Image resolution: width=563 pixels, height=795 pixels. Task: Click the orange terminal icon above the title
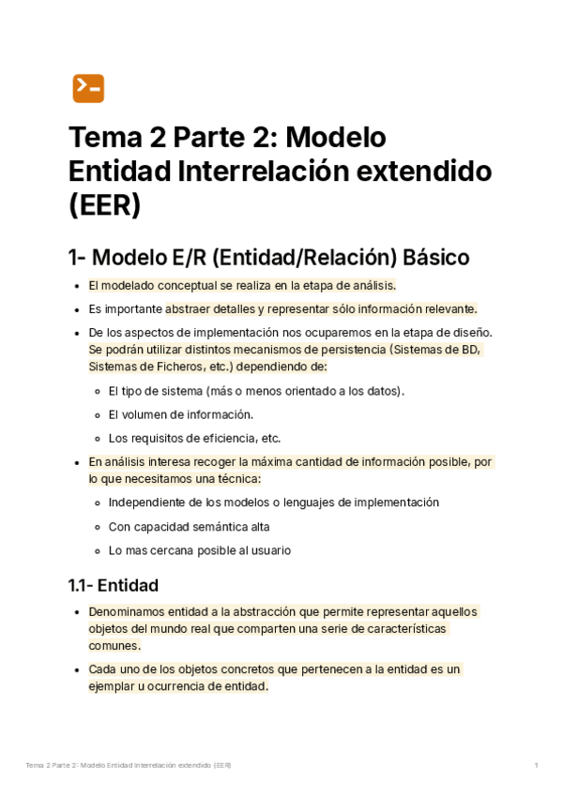pos(88,88)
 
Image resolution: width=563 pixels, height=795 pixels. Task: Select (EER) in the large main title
pos(104,205)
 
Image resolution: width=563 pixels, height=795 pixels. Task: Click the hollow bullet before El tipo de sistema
pos(99,391)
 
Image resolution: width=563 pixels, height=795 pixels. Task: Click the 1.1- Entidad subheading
pos(113,585)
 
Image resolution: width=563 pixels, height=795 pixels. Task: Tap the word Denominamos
pos(129,612)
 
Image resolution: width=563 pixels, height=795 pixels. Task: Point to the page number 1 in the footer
pos(536,766)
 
